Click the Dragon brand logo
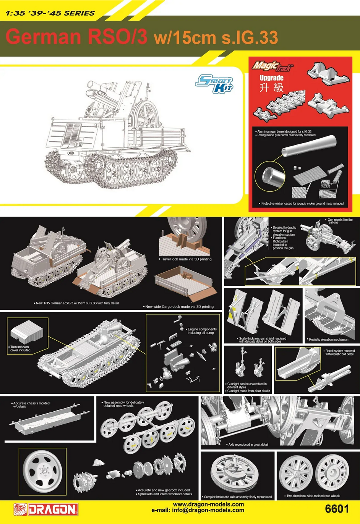pyautogui.click(x=46, y=509)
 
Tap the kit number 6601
pyautogui.click(x=336, y=509)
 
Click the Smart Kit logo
pyautogui.click(x=214, y=84)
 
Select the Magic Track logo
pyautogui.click(x=272, y=66)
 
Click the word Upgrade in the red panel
pyautogui.click(x=271, y=78)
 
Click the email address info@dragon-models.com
pyautogui.click(x=198, y=510)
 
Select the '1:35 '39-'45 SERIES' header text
pyautogui.click(x=50, y=13)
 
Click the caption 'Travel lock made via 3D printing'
pyautogui.click(x=186, y=259)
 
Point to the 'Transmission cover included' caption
pyautogui.click(x=19, y=348)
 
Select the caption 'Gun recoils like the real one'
pyautogui.click(x=340, y=221)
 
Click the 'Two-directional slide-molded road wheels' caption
pyautogui.click(x=313, y=496)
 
